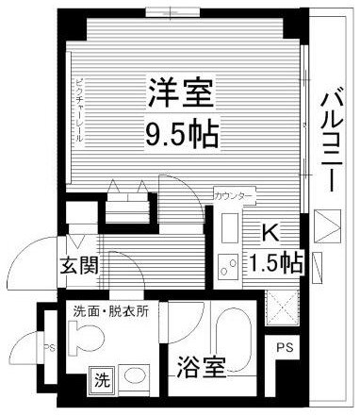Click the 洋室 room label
pos(182,95)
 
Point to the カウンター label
pos(234,195)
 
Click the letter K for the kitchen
pos(268,230)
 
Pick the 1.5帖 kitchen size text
pos(276,259)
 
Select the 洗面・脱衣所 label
pos(106,311)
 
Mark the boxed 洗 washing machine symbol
pos(100,381)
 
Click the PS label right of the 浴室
pos(284,348)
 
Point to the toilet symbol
pos(83,337)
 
